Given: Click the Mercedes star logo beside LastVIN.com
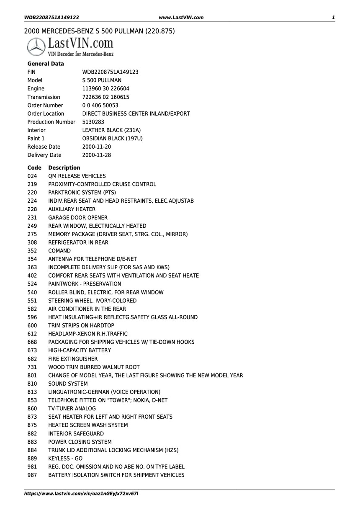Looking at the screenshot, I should pos(36,46).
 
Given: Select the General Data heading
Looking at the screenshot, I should pos(46,64).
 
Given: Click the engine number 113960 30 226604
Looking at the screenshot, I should pos(106,88).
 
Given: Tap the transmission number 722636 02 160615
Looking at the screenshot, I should pos(106,97).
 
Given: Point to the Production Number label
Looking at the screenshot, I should pos(51,122).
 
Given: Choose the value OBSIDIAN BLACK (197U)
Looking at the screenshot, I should pos(113,138).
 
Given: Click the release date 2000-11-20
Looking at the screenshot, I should pos(97,147).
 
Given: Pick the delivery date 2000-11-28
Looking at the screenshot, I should pos(97,155).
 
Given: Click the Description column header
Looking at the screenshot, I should pos(64,167).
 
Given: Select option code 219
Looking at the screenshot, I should pos(32,184).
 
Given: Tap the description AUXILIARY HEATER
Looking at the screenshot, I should pos(72,209).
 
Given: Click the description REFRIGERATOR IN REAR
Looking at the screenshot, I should pos(78,242).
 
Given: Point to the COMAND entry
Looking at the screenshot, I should pos(59,251).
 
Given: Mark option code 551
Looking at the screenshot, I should pos(32,301).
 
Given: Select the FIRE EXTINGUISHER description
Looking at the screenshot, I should pos(73,359).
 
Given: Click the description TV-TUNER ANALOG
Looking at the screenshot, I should pos(72,408).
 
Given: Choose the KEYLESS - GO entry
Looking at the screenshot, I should pos(65,458).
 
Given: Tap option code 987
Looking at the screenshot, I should pos(32,475).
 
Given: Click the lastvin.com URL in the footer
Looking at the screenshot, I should pos(81,494).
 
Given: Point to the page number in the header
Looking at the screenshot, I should pos(333,17).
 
